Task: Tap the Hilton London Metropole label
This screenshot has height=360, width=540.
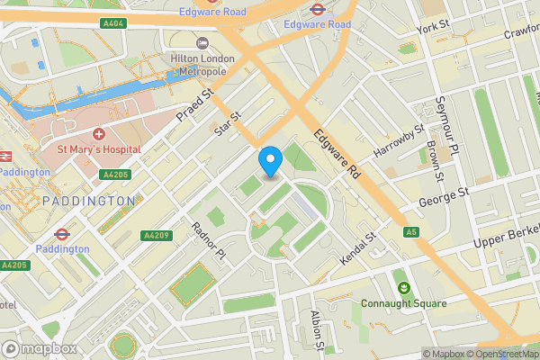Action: [202, 65]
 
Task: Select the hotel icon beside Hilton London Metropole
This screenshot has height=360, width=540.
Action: [202, 42]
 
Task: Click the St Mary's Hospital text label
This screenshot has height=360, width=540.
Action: [99, 148]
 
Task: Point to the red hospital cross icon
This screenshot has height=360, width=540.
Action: [99, 132]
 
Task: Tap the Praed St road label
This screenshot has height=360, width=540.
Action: [193, 106]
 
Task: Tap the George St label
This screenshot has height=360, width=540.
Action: [445, 197]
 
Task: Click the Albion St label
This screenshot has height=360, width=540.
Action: [316, 329]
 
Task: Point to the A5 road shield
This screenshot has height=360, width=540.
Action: [411, 232]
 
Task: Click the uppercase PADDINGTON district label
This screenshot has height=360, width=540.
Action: [87, 201]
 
